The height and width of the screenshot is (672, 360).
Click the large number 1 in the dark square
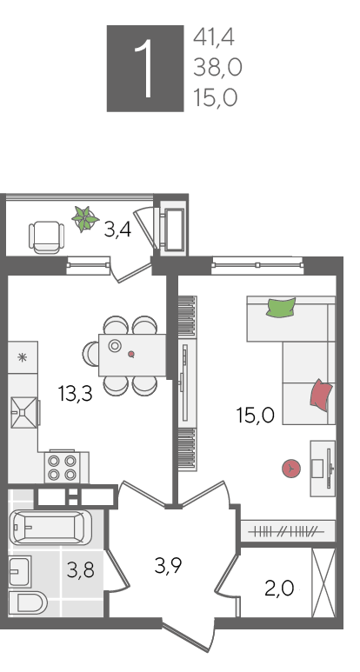pyautogui.click(x=145, y=69)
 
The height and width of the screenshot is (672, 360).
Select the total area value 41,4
pyautogui.click(x=214, y=37)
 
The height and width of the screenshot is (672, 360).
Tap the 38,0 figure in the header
pyautogui.click(x=217, y=68)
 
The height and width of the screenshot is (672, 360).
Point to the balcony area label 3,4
pyautogui.click(x=117, y=230)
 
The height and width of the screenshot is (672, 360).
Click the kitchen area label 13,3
pyautogui.click(x=76, y=394)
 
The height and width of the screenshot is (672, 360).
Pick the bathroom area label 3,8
pyautogui.click(x=81, y=570)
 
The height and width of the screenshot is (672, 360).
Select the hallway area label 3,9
pyautogui.click(x=169, y=566)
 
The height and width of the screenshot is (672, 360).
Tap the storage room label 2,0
pyautogui.click(x=279, y=589)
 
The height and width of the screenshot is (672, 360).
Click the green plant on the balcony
pyautogui.click(x=85, y=219)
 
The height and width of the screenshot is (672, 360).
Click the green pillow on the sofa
pyautogui.click(x=281, y=308)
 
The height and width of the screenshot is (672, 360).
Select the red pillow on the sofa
pyautogui.click(x=322, y=396)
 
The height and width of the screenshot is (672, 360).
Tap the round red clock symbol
pyautogui.click(x=291, y=469)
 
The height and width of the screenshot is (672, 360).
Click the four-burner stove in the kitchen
pyautogui.click(x=62, y=467)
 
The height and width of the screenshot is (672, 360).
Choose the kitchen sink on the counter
pyautogui.click(x=24, y=413)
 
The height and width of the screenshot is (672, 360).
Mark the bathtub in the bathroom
pyautogui.click(x=50, y=527)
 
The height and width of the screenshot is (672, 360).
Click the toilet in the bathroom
pyautogui.click(x=28, y=602)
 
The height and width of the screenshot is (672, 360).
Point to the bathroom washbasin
pyautogui.click(x=20, y=571)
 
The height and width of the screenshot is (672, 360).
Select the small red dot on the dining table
pyautogui.click(x=131, y=354)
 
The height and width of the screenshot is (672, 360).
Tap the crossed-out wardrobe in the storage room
pyautogui.click(x=323, y=582)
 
